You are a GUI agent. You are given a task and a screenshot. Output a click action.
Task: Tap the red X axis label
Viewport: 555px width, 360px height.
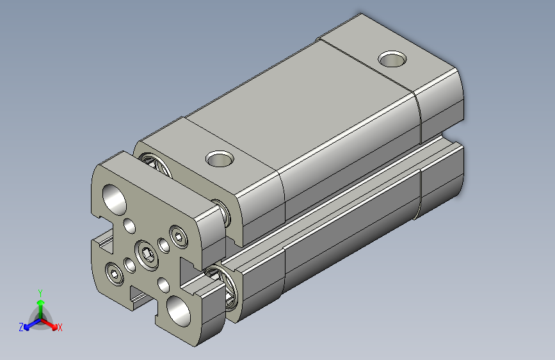coord(60,328)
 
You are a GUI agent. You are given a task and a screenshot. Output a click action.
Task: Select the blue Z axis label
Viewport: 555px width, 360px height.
coord(21,327)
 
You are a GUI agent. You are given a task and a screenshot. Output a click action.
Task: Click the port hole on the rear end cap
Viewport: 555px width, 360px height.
coord(392,60)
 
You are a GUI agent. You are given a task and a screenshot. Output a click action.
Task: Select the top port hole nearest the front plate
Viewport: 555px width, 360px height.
coord(220,158)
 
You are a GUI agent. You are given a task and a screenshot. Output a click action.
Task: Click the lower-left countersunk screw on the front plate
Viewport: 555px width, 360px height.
coord(116,274)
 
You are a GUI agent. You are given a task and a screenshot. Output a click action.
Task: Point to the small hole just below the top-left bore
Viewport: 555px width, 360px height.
coord(130,225)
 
